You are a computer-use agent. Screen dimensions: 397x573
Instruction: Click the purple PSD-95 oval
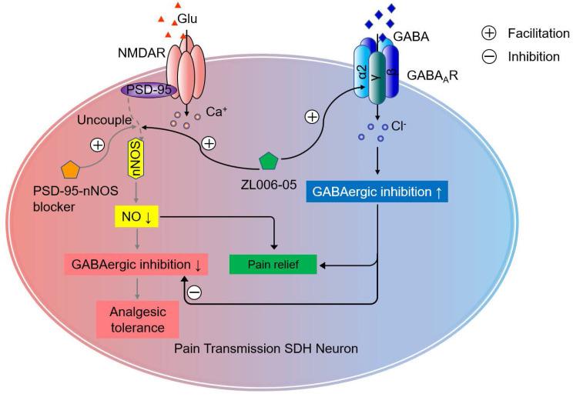click(x=149, y=91)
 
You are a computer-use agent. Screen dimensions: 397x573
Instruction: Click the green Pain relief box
click(x=274, y=265)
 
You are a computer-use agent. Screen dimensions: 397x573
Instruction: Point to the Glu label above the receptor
click(x=187, y=17)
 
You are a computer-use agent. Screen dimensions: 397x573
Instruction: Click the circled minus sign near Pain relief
click(x=194, y=292)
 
